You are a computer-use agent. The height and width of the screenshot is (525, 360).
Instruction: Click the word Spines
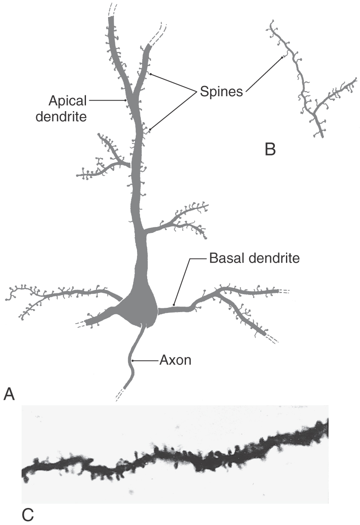click(221, 92)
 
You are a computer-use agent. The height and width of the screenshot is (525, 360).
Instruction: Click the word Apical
click(68, 101)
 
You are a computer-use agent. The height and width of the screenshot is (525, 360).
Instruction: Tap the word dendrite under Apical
click(61, 117)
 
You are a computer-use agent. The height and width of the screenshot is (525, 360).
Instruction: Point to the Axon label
click(175, 360)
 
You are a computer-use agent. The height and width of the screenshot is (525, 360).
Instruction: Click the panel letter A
click(9, 394)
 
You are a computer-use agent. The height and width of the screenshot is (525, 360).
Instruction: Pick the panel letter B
click(270, 149)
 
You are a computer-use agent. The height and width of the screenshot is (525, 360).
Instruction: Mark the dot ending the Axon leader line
click(133, 361)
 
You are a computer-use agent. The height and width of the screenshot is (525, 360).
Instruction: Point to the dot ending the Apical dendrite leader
click(126, 100)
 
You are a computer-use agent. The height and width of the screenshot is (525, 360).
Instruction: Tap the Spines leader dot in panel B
click(282, 57)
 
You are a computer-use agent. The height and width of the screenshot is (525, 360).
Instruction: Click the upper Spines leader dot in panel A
click(151, 74)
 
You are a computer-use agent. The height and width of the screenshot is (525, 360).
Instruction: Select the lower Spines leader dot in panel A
click(150, 129)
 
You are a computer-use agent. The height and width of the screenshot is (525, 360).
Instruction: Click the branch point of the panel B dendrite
click(314, 113)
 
